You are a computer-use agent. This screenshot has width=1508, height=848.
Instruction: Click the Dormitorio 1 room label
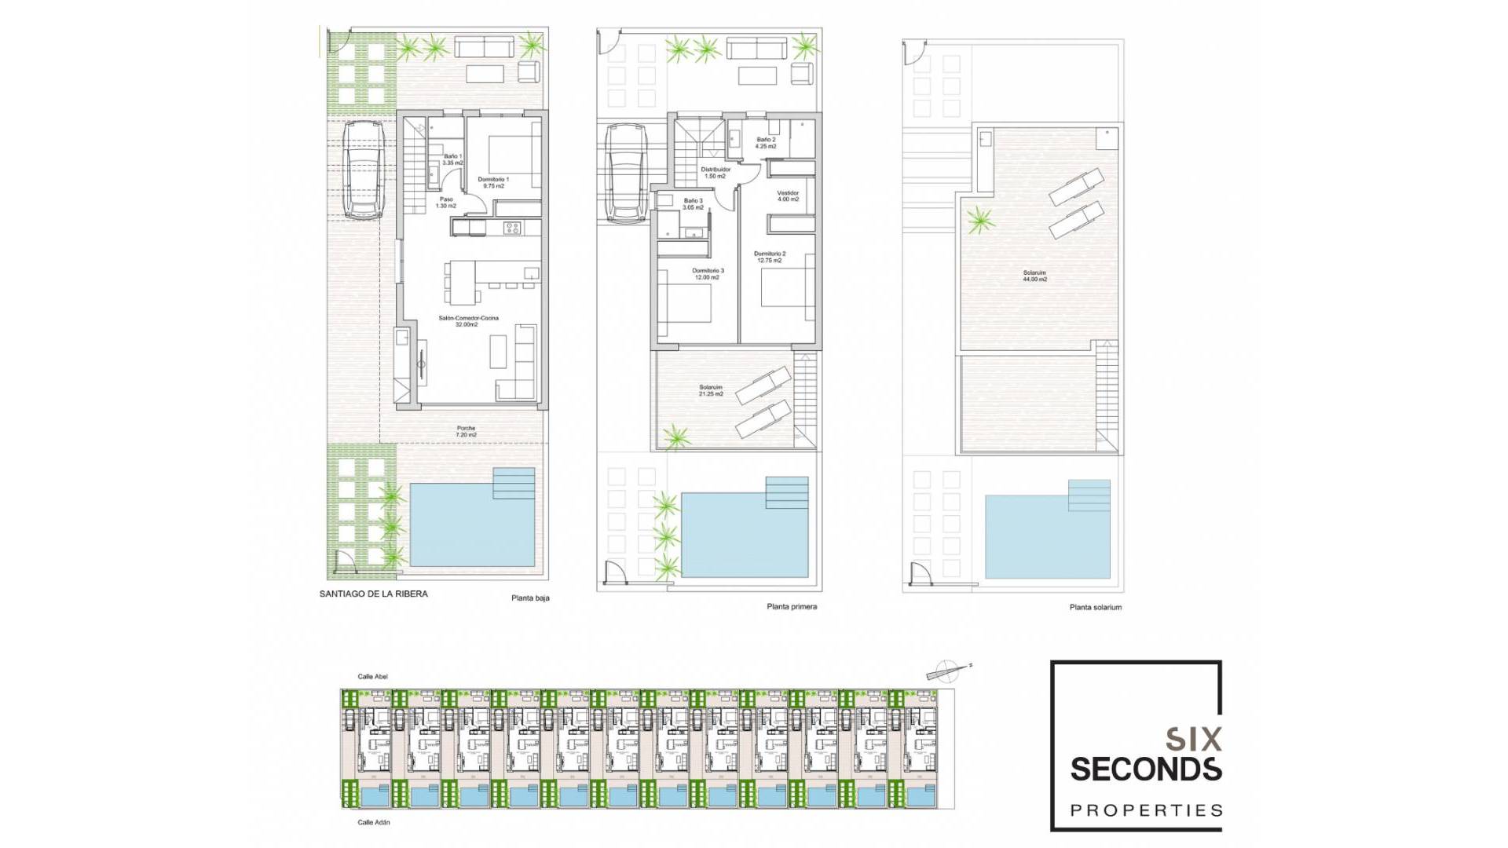click(x=493, y=182)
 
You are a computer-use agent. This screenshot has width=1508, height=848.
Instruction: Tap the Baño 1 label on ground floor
click(x=452, y=159)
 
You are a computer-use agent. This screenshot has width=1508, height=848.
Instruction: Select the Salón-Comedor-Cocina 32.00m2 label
click(x=468, y=321)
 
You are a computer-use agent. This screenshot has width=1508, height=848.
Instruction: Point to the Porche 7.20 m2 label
click(x=466, y=431)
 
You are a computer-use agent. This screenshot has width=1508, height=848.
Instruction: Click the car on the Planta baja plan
click(x=363, y=170)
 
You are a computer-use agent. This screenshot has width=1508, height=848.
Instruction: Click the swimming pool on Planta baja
click(x=471, y=525)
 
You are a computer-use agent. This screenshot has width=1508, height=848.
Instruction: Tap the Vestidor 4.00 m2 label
click(x=788, y=196)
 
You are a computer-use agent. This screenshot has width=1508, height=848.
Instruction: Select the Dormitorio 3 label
click(x=708, y=273)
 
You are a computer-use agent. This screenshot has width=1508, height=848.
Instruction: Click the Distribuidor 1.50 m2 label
click(x=716, y=172)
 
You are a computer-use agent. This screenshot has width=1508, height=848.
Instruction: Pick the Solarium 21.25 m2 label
click(x=711, y=390)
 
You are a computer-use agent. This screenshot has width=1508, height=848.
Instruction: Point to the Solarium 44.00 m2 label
click(x=1034, y=276)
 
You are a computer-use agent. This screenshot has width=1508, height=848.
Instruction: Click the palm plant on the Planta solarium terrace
click(x=979, y=219)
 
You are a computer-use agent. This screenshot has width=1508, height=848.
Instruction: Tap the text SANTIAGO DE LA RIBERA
click(x=373, y=594)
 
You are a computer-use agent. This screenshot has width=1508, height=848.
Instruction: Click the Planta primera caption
click(x=792, y=606)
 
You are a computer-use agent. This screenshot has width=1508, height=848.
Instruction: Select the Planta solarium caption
click(x=1095, y=607)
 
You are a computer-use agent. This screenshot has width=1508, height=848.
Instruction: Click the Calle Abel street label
click(x=372, y=676)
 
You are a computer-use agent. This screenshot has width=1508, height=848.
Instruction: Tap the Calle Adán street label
click(x=373, y=822)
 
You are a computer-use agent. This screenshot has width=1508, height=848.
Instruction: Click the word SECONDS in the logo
click(x=1145, y=769)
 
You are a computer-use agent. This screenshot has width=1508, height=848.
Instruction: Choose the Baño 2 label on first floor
click(x=766, y=143)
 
